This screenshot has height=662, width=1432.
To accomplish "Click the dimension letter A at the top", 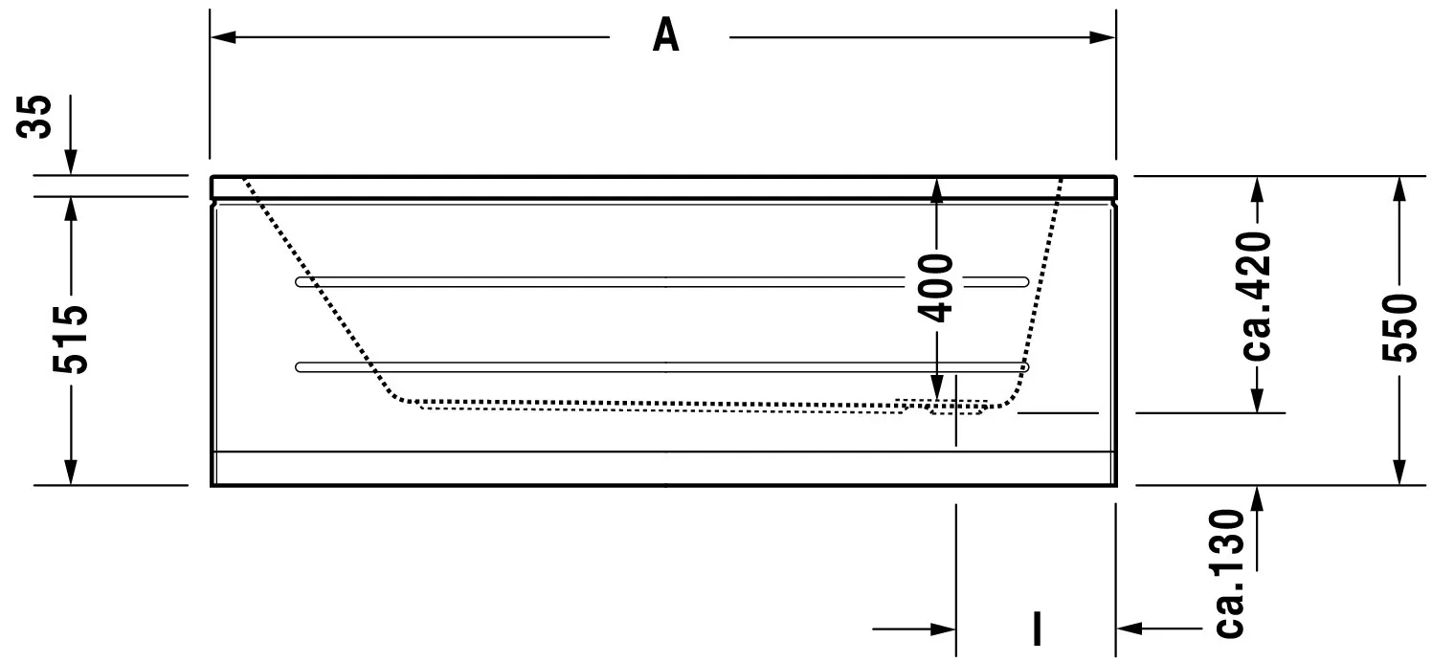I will click(666, 36).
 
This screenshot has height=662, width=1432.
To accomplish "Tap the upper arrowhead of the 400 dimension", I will click(937, 189).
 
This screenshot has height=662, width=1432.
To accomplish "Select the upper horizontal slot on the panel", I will click(660, 281).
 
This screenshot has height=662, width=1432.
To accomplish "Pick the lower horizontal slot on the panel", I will click(660, 366).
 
